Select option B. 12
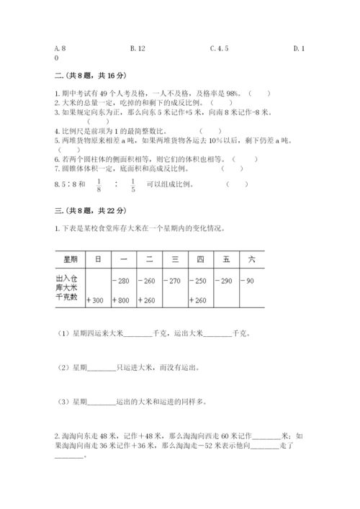[x=138, y=49]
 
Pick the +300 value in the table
[x=96, y=299]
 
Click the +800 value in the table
[x=122, y=299]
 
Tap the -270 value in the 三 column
[x=174, y=280]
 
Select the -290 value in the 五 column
[x=225, y=280]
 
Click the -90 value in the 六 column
[x=247, y=280]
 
